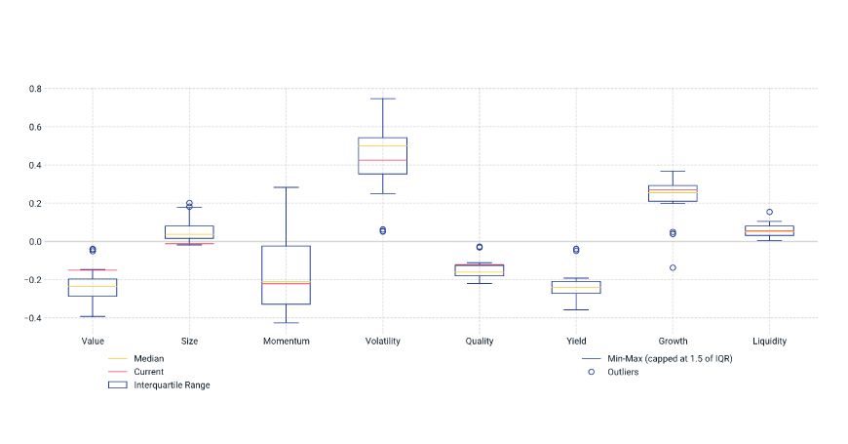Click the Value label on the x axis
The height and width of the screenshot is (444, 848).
tap(93, 342)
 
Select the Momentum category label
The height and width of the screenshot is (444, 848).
tap(286, 342)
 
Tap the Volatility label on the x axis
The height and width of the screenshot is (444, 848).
tap(382, 342)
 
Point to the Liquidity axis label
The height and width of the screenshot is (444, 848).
tap(769, 342)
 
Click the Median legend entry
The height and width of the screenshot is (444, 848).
tap(148, 359)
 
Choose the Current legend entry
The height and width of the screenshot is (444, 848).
tap(149, 372)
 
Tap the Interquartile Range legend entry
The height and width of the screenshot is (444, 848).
tap(172, 384)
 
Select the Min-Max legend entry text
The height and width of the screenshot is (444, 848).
tap(670, 359)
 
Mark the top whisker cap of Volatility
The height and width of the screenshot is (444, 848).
tap(382, 99)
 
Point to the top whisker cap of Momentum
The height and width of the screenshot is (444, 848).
tap(286, 187)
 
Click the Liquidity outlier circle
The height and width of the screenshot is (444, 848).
tap(769, 212)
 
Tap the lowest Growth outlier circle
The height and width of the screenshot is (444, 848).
tap(673, 267)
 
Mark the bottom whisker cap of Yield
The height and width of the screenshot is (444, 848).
tap(576, 310)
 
